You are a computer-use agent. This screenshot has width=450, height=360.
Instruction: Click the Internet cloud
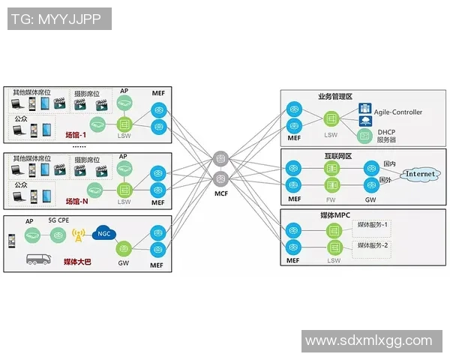click(x=420, y=174)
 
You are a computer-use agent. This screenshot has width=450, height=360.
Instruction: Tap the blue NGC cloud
click(x=103, y=232)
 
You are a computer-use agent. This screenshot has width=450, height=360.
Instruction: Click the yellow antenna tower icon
click(x=78, y=235)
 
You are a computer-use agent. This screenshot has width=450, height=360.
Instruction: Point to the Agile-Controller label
click(x=398, y=112)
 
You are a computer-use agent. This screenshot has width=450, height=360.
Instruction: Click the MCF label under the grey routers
click(x=220, y=193)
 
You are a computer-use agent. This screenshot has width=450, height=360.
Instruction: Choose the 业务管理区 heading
click(x=335, y=97)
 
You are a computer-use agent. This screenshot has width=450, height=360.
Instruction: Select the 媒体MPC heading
click(x=335, y=215)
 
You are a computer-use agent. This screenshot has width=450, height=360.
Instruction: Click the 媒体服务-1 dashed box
click(x=373, y=226)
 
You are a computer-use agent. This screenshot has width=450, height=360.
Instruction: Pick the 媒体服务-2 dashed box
click(x=373, y=246)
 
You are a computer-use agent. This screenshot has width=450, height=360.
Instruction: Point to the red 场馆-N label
click(x=77, y=201)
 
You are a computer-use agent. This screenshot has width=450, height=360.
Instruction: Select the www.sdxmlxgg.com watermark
click(x=368, y=341)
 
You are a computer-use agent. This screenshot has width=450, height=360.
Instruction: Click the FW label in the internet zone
click(x=331, y=199)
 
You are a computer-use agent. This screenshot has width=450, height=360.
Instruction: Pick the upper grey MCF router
click(x=220, y=158)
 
